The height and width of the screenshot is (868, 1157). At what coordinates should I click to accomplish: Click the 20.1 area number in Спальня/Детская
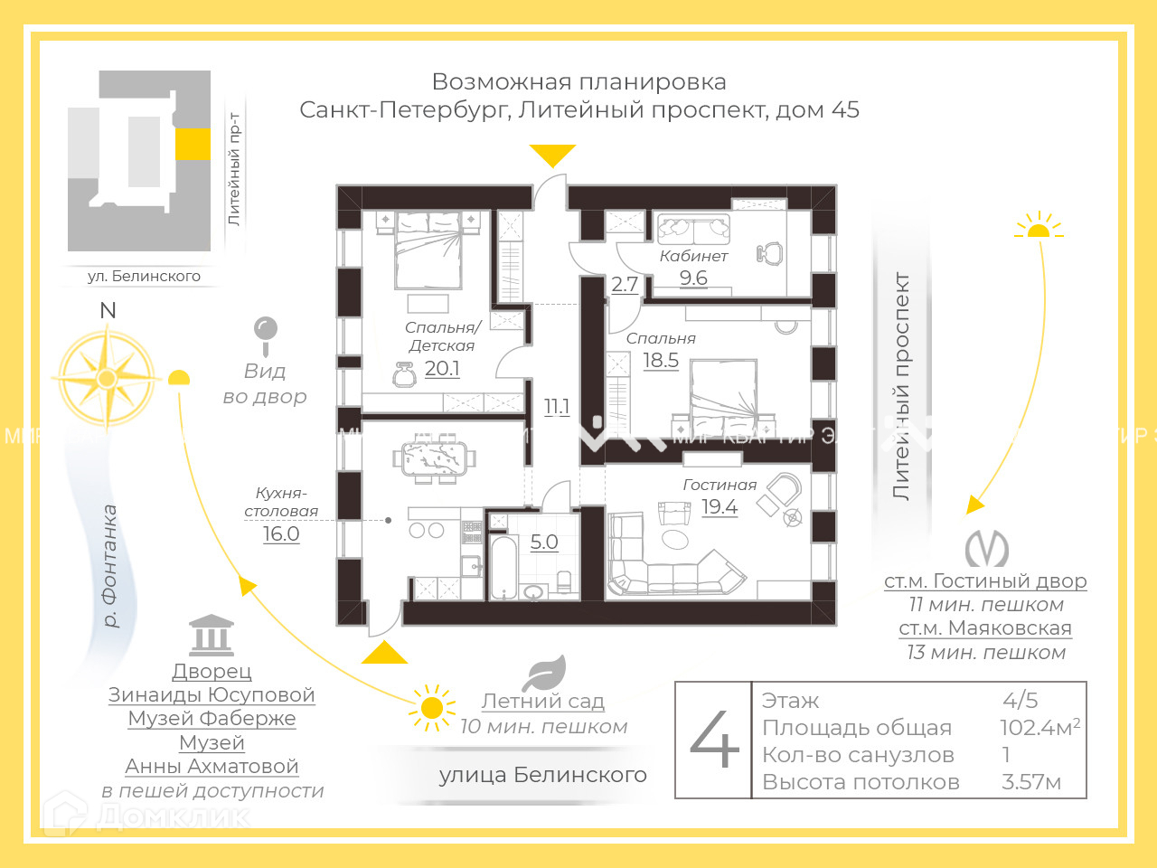pyautogui.click(x=442, y=369)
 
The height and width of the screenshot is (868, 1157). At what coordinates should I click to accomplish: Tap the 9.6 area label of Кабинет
pyautogui.click(x=693, y=278)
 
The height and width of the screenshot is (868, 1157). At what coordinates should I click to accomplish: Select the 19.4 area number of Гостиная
pyautogui.click(x=720, y=507)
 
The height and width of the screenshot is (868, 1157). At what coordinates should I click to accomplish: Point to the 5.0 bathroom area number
pyautogui.click(x=544, y=542)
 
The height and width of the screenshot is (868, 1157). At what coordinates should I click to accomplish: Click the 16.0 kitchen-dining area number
pyautogui.click(x=281, y=534)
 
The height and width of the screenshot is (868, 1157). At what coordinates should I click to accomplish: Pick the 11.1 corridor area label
pyautogui.click(x=557, y=407)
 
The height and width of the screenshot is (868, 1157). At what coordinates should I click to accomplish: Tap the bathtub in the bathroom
pyautogui.click(x=504, y=567)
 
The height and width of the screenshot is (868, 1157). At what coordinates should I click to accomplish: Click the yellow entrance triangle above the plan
pyautogui.click(x=552, y=155)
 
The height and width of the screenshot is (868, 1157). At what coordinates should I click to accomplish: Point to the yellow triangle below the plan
pyautogui.click(x=385, y=653)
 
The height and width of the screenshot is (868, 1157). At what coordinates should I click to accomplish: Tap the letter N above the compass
pyautogui.click(x=108, y=310)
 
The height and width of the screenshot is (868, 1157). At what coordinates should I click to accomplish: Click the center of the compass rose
pyautogui.click(x=107, y=378)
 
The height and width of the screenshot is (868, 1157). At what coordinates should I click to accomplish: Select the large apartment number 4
pyautogui.click(x=714, y=739)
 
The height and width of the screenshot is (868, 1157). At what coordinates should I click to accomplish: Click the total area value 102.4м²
pyautogui.click(x=1039, y=728)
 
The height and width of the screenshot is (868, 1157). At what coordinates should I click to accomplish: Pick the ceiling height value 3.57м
pyautogui.click(x=1031, y=782)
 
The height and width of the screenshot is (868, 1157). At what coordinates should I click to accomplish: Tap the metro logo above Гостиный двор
pyautogui.click(x=986, y=548)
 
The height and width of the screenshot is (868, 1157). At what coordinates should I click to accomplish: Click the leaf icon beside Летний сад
pyautogui.click(x=545, y=674)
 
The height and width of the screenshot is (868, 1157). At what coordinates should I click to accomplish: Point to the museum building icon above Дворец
pyautogui.click(x=212, y=636)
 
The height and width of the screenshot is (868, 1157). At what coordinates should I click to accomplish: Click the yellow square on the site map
pyautogui.click(x=193, y=144)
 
